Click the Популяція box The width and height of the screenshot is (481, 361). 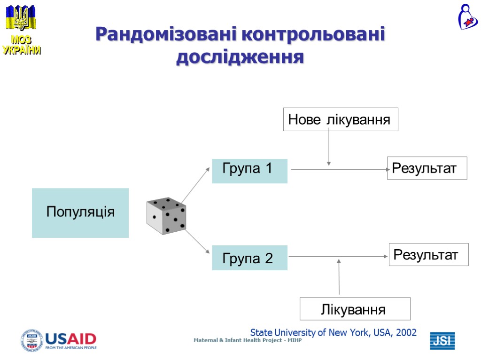click(80, 212)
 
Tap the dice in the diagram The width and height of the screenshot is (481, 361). click(166, 216)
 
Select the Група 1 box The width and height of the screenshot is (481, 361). click(249, 171)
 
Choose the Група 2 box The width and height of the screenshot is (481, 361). click(249, 258)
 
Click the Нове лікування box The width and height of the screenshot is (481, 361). click(340, 119)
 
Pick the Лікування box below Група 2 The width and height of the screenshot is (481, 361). click(355, 309)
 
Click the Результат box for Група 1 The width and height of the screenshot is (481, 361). click(427, 168)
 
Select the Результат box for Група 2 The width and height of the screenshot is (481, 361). click(428, 255)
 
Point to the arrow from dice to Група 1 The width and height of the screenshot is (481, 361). click(196, 185)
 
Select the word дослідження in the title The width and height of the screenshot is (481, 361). click(240, 57)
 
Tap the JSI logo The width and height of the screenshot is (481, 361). click(442, 341)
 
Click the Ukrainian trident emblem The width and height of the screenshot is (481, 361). click(21, 18)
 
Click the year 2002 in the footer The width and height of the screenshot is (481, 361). click(406, 333)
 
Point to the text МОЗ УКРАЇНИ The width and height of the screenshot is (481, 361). click(21, 46)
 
